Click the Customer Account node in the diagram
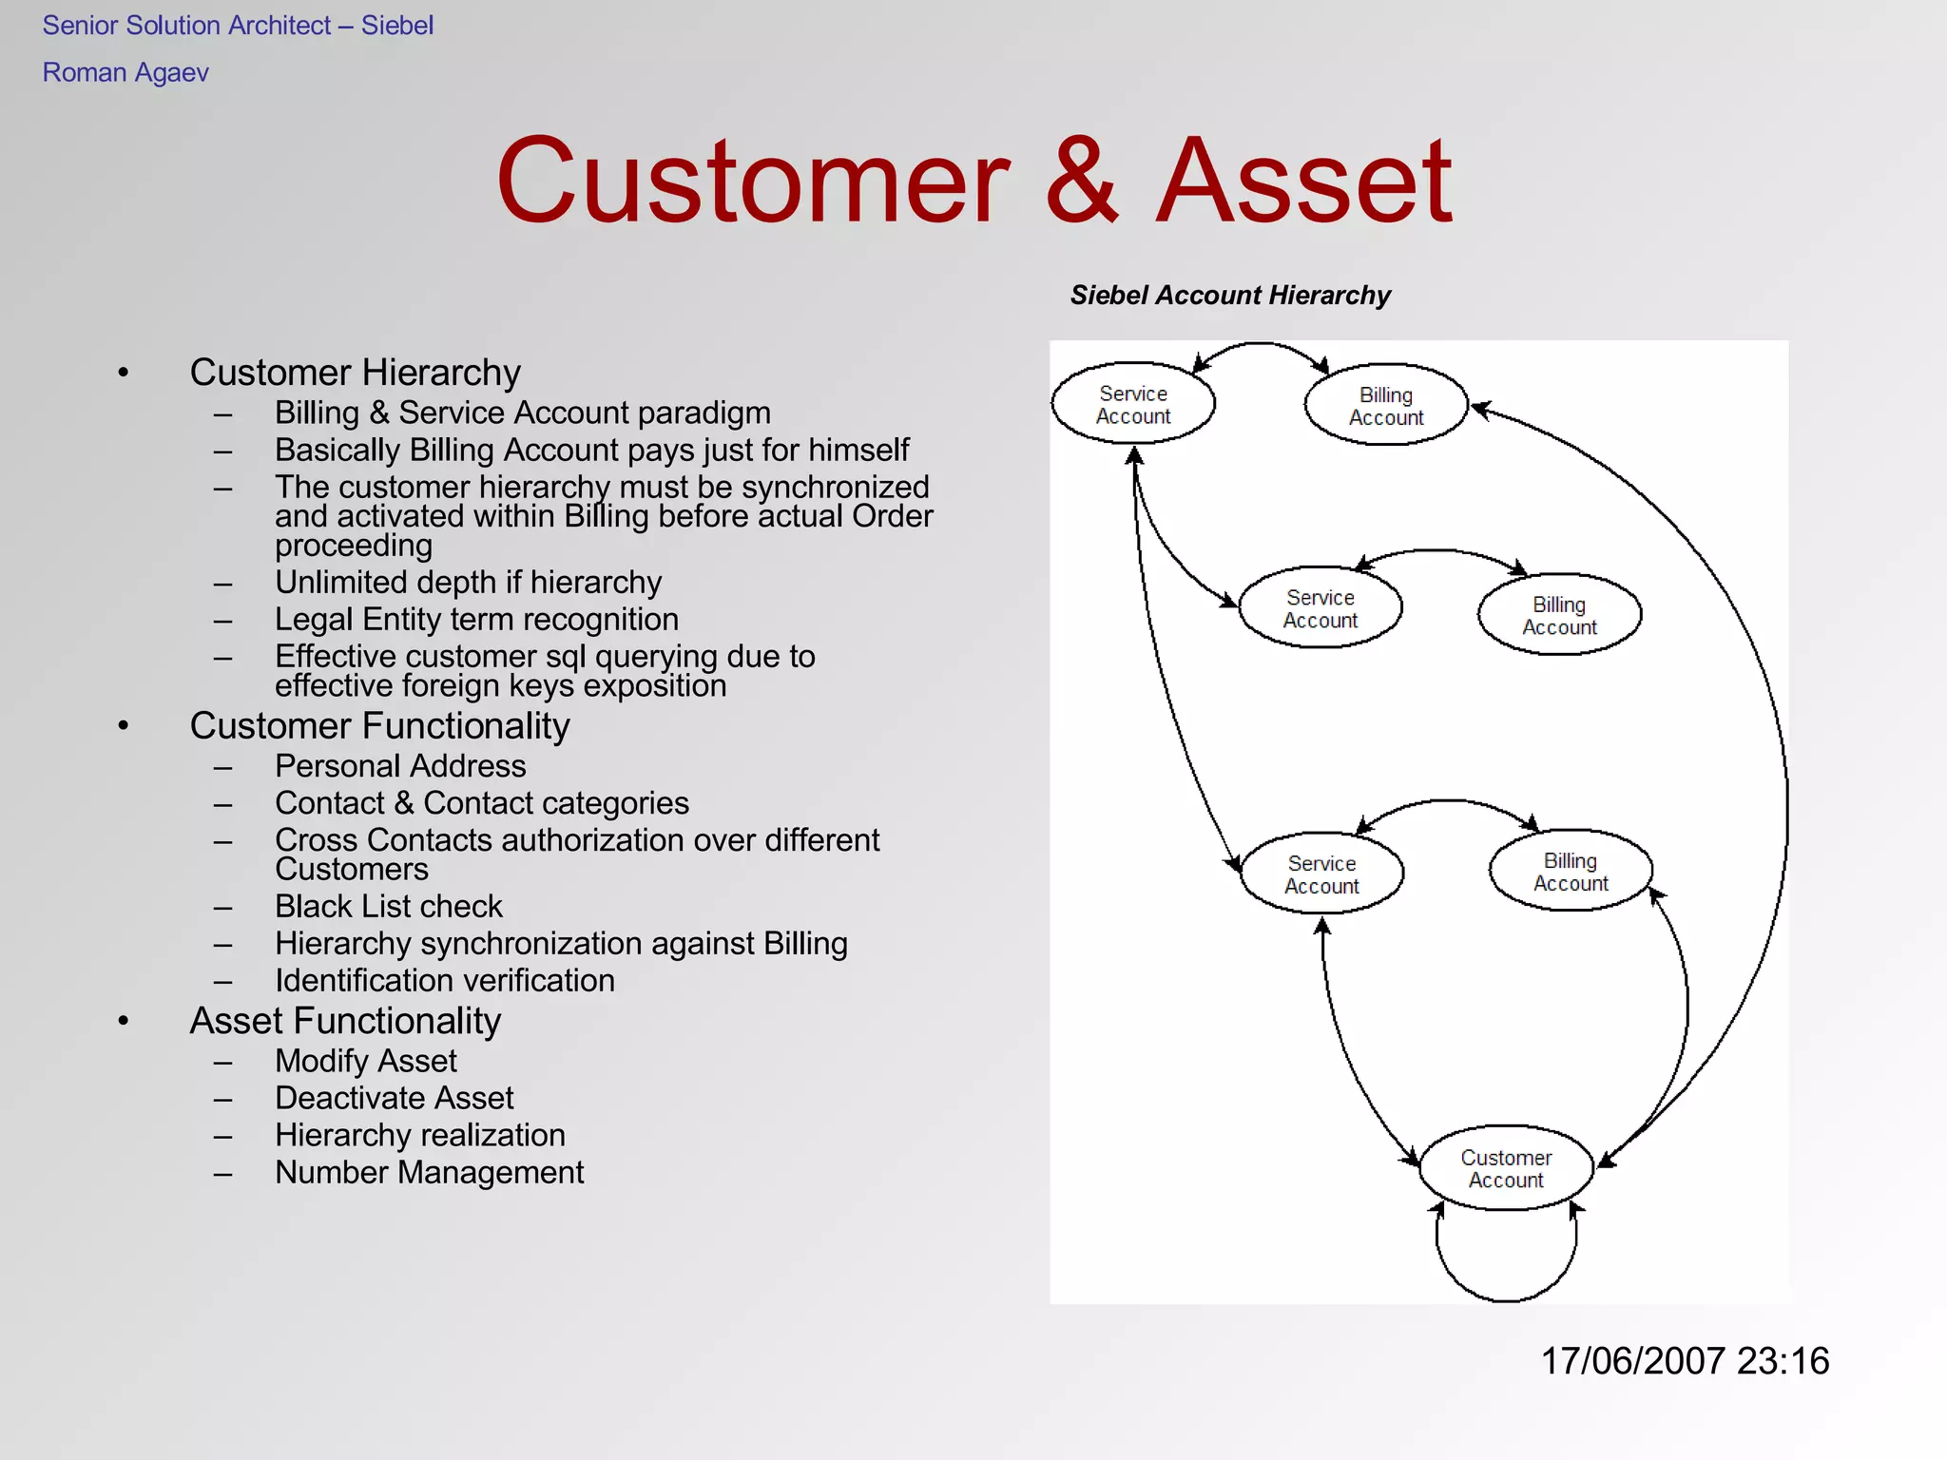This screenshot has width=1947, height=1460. click(1506, 1168)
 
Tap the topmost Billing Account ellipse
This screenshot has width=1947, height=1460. click(1386, 406)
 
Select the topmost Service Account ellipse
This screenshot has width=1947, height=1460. click(1133, 404)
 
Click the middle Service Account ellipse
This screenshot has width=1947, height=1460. click(1320, 608)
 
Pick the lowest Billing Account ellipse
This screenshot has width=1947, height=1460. click(1571, 872)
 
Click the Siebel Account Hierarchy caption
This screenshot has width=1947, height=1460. click(1230, 296)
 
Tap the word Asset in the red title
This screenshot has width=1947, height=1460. click(1304, 181)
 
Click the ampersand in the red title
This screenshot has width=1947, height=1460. click(1082, 181)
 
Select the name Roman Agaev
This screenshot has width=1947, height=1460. click(125, 73)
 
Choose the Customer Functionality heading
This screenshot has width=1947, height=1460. click(379, 726)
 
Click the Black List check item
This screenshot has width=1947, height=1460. click(388, 907)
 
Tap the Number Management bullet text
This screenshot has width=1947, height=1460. click(429, 1173)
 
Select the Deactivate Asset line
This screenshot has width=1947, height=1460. click(394, 1099)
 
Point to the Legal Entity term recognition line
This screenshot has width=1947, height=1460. click(476, 620)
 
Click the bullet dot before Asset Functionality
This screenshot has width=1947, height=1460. click(124, 1022)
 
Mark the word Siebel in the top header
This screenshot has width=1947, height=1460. click(396, 26)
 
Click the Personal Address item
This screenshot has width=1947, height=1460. click(400, 766)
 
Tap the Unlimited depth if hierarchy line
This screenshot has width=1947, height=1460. click(468, 583)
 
